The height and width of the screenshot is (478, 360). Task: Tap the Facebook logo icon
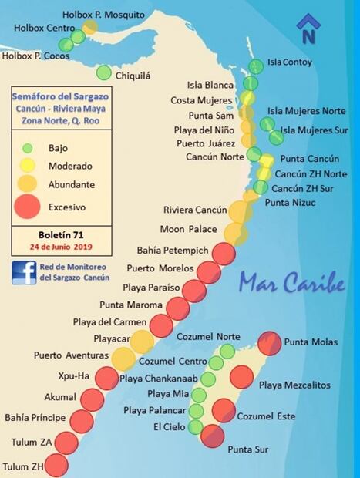[23, 271]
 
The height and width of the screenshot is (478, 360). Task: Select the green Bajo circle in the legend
[28, 148]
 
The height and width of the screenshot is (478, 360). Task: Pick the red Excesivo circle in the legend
[28, 207]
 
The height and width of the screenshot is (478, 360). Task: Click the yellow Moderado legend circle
[28, 165]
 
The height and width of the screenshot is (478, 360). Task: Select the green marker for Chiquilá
[103, 73]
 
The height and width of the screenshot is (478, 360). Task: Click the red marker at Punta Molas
[269, 342]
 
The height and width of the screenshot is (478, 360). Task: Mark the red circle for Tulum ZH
[56, 466]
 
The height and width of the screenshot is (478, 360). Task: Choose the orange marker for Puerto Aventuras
[123, 358]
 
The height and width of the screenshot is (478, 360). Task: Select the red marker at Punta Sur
[212, 436]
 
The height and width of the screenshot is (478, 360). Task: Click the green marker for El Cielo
[195, 427]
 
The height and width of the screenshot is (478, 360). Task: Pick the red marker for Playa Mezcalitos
[241, 378]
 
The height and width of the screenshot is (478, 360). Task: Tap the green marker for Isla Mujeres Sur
[276, 137]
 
